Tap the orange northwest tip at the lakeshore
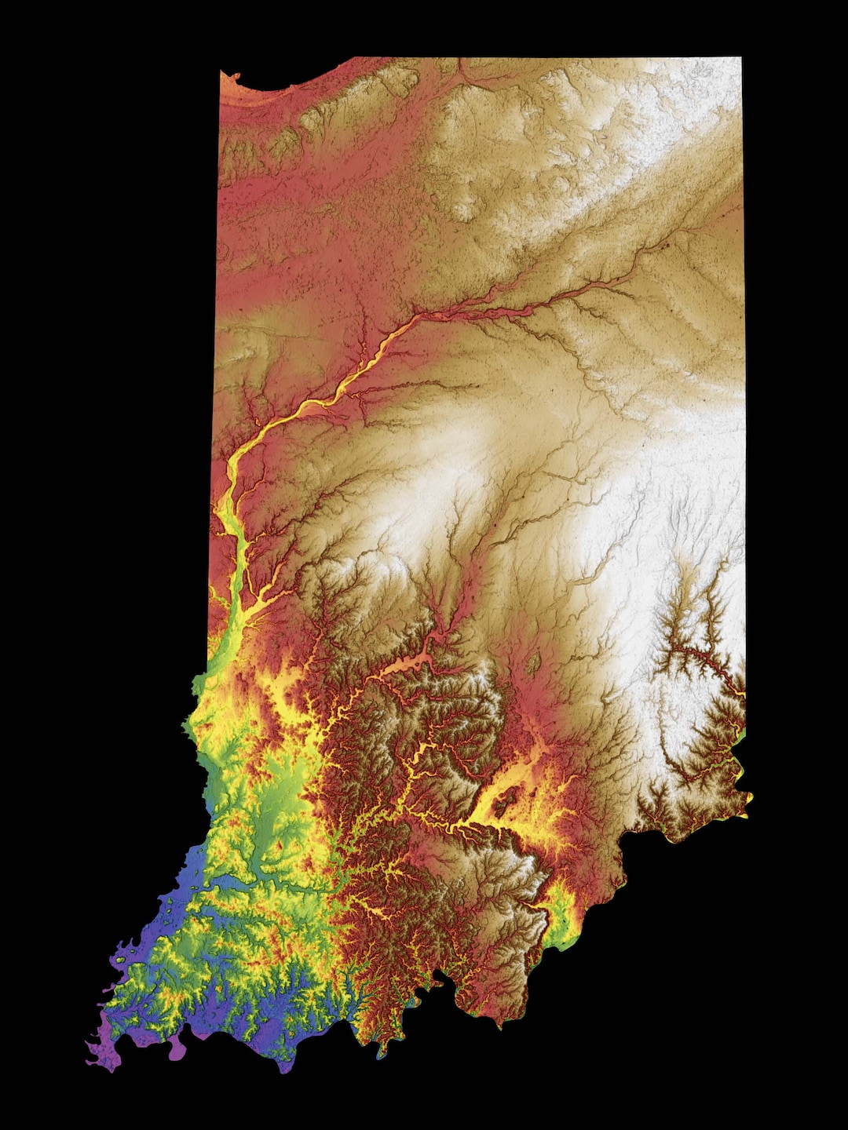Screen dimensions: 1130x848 coord(225,77)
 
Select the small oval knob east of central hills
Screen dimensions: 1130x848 coord(533,664)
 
